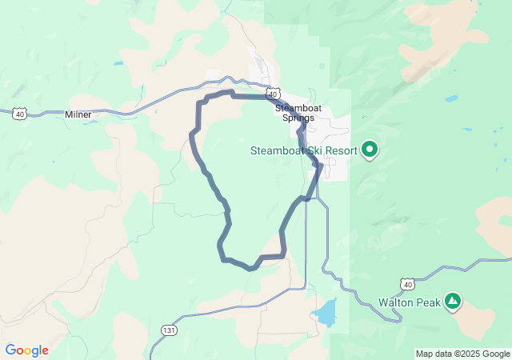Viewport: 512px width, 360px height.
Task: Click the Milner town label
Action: point(78,114)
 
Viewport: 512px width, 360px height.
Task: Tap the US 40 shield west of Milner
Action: point(19,114)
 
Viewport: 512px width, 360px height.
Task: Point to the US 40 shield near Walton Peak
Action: point(408,284)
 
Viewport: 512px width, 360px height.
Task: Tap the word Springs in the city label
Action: point(298,118)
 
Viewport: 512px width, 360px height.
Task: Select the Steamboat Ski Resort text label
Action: point(303,150)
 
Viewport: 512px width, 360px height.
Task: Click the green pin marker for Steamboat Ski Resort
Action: point(370,150)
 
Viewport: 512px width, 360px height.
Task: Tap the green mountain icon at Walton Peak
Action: point(453,302)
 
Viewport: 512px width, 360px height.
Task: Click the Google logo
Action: point(26,350)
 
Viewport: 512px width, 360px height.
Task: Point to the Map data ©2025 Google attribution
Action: point(462,354)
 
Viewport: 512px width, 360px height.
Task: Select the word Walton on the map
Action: point(394,302)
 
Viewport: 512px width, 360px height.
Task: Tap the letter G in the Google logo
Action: point(11,350)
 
